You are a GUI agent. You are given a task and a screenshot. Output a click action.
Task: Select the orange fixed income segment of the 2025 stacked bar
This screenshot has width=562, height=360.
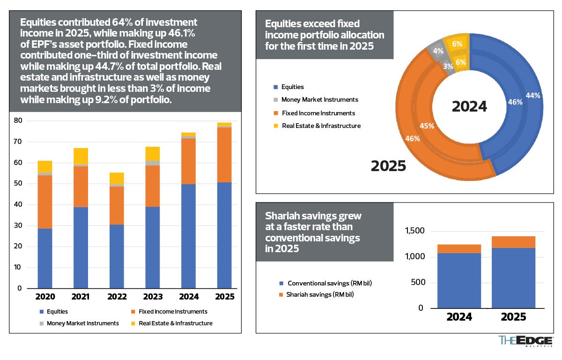tap(224, 155)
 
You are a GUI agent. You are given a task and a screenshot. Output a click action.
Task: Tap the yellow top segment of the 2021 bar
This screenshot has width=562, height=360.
tap(81, 156)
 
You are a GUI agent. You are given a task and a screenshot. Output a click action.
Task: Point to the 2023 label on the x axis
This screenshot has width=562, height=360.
tap(153, 297)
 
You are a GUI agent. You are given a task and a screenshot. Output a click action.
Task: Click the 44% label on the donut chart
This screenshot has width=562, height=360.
tap(533, 95)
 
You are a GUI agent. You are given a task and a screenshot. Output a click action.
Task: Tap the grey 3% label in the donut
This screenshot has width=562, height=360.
tap(448, 67)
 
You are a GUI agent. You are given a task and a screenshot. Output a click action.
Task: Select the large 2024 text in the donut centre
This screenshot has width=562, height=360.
tap(469, 106)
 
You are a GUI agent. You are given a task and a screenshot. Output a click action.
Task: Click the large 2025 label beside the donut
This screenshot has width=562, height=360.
tap(388, 165)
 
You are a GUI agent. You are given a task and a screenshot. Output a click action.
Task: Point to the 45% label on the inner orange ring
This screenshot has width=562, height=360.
tap(427, 126)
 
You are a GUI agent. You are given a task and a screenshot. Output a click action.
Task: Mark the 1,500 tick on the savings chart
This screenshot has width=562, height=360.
tap(414, 231)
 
